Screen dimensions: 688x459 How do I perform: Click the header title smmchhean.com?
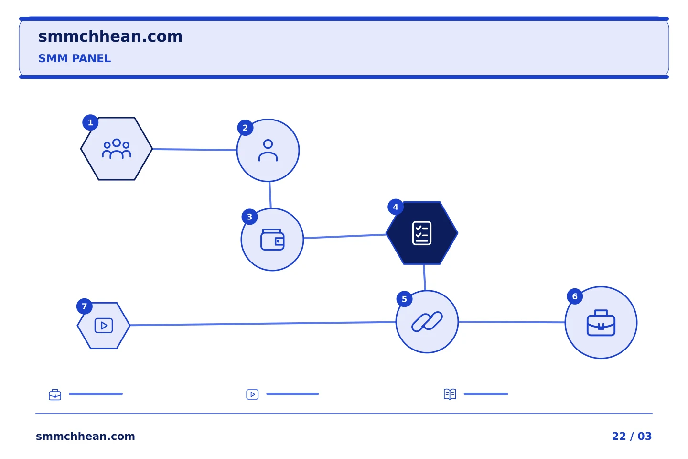coord(110,37)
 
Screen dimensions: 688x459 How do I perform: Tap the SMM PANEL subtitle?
coord(75,58)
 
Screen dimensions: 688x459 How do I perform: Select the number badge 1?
coord(90,123)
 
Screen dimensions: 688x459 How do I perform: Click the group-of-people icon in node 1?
coord(117,149)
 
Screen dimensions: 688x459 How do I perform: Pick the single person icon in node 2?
coord(268,150)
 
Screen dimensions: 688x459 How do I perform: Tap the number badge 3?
coord(249,217)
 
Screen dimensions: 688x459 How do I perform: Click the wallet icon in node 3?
coord(272,240)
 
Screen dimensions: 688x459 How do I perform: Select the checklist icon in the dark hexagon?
coord(422,233)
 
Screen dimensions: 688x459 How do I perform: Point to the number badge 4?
coord(396,207)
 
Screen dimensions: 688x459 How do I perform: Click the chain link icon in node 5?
coord(427,322)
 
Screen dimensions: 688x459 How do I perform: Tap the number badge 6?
coord(575,296)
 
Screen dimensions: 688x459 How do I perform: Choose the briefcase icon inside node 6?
coord(601,323)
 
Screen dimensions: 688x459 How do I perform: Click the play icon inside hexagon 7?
coord(104,326)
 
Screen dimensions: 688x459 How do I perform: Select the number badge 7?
coord(85,306)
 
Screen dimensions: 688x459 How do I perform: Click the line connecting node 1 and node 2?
coord(195,150)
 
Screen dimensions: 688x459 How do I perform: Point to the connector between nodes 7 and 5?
coord(263,323)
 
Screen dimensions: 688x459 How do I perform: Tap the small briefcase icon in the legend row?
coord(55,394)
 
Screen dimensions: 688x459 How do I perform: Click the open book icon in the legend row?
coord(450,394)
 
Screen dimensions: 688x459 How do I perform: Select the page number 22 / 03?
coord(632,436)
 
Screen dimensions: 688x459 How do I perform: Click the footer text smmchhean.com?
coord(86,436)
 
